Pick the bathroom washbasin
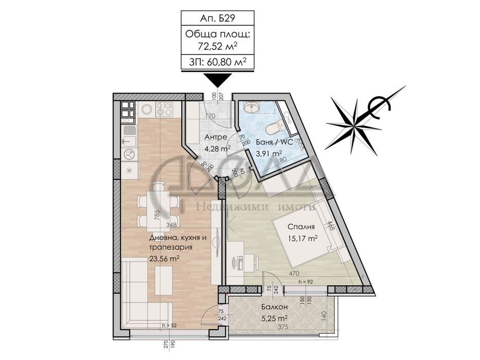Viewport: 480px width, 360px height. (253, 107)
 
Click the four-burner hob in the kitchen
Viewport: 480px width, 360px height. (165, 110)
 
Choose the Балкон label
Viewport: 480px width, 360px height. (271, 307)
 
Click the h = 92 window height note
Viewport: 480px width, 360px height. (305, 282)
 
